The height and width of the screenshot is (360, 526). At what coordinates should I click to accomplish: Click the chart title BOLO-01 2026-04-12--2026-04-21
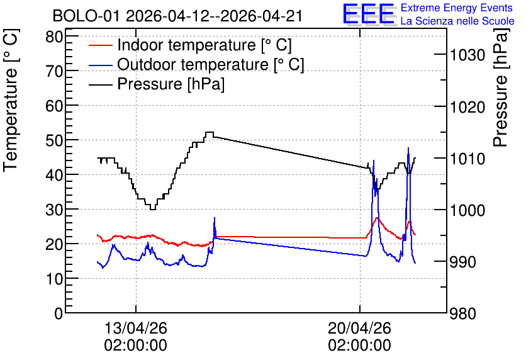[x=177, y=16]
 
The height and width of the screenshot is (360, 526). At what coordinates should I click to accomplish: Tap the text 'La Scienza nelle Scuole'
[x=457, y=21]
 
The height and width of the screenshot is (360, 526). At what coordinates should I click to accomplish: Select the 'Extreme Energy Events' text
[x=457, y=8]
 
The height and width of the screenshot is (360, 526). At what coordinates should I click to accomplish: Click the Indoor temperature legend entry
[x=190, y=45]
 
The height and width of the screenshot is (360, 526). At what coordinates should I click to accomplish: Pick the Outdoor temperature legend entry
[x=196, y=64]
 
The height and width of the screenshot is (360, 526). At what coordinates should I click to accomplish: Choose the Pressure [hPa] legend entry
[x=157, y=84]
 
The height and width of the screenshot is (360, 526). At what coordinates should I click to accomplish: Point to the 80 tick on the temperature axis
[x=54, y=37]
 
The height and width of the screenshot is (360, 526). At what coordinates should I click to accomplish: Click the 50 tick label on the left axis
[x=54, y=140]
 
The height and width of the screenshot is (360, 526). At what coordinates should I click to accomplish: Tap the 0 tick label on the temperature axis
[x=59, y=313]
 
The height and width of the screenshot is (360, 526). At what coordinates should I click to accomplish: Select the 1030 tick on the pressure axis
[x=467, y=55]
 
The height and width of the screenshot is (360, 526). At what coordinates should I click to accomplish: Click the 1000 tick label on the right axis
[x=467, y=210]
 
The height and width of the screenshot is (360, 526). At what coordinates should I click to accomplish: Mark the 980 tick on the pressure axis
[x=463, y=314]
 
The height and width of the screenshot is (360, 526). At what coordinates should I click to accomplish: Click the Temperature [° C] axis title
[x=11, y=101]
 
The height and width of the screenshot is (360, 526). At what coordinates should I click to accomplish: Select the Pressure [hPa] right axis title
[x=501, y=87]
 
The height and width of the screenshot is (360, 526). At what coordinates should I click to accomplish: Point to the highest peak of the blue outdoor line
[x=408, y=148]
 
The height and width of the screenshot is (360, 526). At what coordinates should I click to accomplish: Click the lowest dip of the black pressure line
[x=153, y=210]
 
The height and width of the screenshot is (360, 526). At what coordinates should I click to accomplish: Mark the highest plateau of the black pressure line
[x=210, y=132]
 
